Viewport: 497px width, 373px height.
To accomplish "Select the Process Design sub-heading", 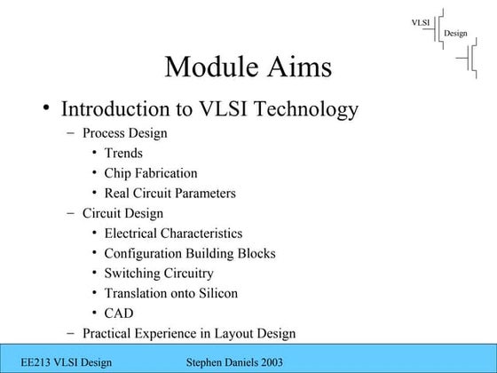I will tap(124, 134).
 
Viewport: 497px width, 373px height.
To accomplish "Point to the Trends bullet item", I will tap(123, 154).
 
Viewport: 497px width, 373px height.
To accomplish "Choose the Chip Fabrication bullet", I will tap(151, 173).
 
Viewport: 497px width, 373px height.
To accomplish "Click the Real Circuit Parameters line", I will tap(170, 193).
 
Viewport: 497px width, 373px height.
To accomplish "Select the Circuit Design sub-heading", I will tap(122, 213).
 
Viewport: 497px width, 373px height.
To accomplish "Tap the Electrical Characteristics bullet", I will tap(173, 234).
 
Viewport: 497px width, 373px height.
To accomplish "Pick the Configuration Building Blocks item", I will tap(190, 253).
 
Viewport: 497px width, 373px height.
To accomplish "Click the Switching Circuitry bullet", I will tap(161, 274).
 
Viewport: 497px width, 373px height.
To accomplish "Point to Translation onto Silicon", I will tap(170, 293).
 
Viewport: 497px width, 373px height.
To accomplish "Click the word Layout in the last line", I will tap(234, 334).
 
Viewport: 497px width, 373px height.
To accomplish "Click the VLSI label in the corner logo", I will tap(422, 21).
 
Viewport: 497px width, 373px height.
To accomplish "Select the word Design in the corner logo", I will tap(455, 34).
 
